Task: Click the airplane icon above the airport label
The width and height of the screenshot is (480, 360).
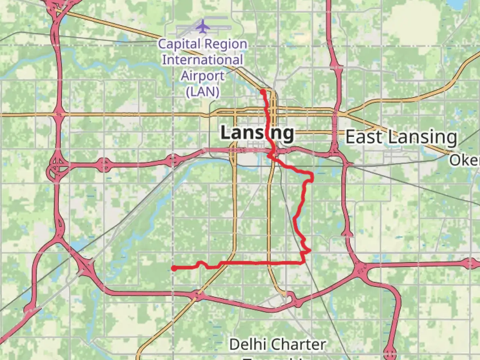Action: (x=202, y=26)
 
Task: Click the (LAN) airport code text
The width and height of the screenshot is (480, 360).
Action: (x=202, y=91)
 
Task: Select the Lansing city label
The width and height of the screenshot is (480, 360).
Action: (x=257, y=133)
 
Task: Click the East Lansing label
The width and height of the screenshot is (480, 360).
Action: (x=401, y=137)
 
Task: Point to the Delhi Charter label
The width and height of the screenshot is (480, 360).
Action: (x=277, y=344)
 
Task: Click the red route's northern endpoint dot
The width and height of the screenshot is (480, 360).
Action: (x=263, y=91)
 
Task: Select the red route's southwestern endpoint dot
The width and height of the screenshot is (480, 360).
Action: (x=174, y=268)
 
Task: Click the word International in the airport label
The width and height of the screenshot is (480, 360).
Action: (x=202, y=60)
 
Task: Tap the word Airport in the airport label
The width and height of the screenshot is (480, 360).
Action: (x=202, y=76)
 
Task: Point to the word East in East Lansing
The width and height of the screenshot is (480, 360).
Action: (x=364, y=137)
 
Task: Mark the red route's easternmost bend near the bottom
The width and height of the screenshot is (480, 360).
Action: (x=310, y=250)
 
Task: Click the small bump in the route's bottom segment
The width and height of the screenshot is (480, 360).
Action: (x=201, y=264)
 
